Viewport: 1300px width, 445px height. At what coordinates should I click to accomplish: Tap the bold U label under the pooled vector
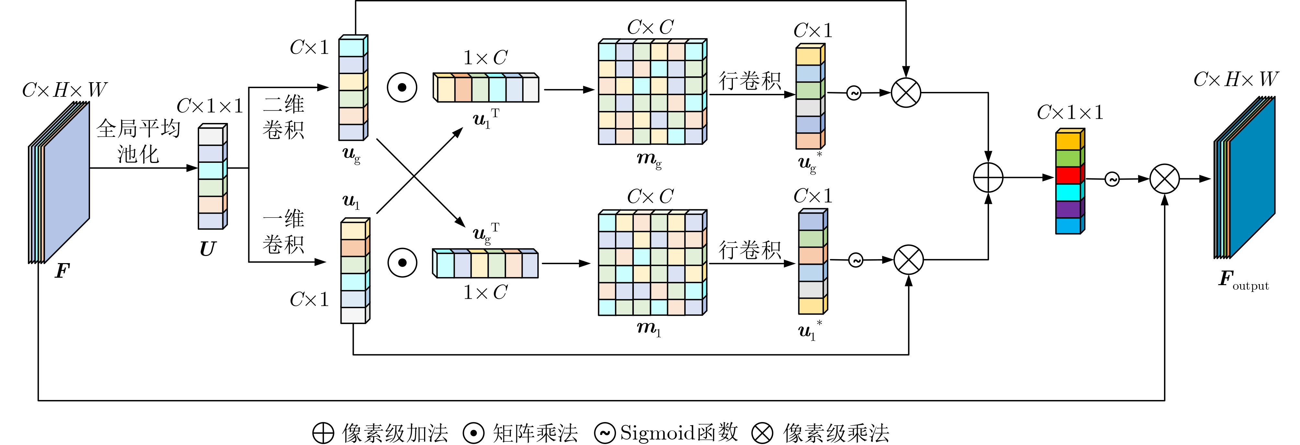pos(207,249)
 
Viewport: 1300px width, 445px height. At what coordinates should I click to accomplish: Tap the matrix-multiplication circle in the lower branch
pos(402,263)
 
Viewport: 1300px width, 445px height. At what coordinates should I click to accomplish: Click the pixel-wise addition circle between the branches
pos(988,178)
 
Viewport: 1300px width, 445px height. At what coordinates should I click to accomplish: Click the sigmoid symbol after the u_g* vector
pos(853,93)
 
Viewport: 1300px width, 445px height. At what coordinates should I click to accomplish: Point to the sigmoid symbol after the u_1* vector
pos(856,260)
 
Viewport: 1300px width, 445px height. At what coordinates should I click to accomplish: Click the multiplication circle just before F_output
pos(1164,179)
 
